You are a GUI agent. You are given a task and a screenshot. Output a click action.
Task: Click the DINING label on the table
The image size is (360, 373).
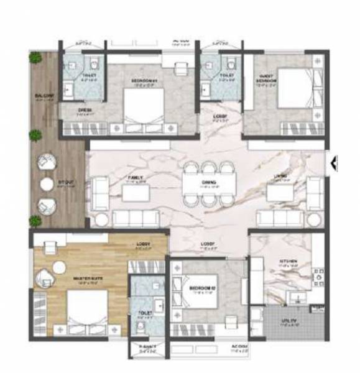click(x=210, y=182)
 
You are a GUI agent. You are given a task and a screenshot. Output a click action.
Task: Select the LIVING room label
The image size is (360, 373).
click(x=280, y=177)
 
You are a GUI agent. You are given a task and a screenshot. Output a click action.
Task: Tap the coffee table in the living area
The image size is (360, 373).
click(x=280, y=193)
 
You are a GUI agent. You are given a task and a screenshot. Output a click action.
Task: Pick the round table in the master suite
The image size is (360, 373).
click(x=59, y=267)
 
